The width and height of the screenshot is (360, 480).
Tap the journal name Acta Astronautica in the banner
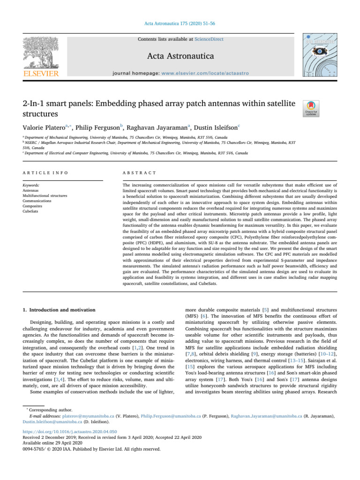[180, 57]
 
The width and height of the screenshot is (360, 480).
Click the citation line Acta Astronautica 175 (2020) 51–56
[180, 22]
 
